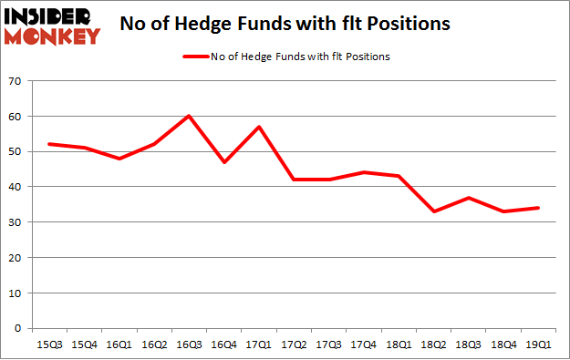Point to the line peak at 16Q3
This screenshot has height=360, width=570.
coord(189,116)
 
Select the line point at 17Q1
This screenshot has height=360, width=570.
coord(259,127)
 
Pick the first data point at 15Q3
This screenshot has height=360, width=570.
coord(48,144)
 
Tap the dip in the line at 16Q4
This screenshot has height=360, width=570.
coord(223,162)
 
